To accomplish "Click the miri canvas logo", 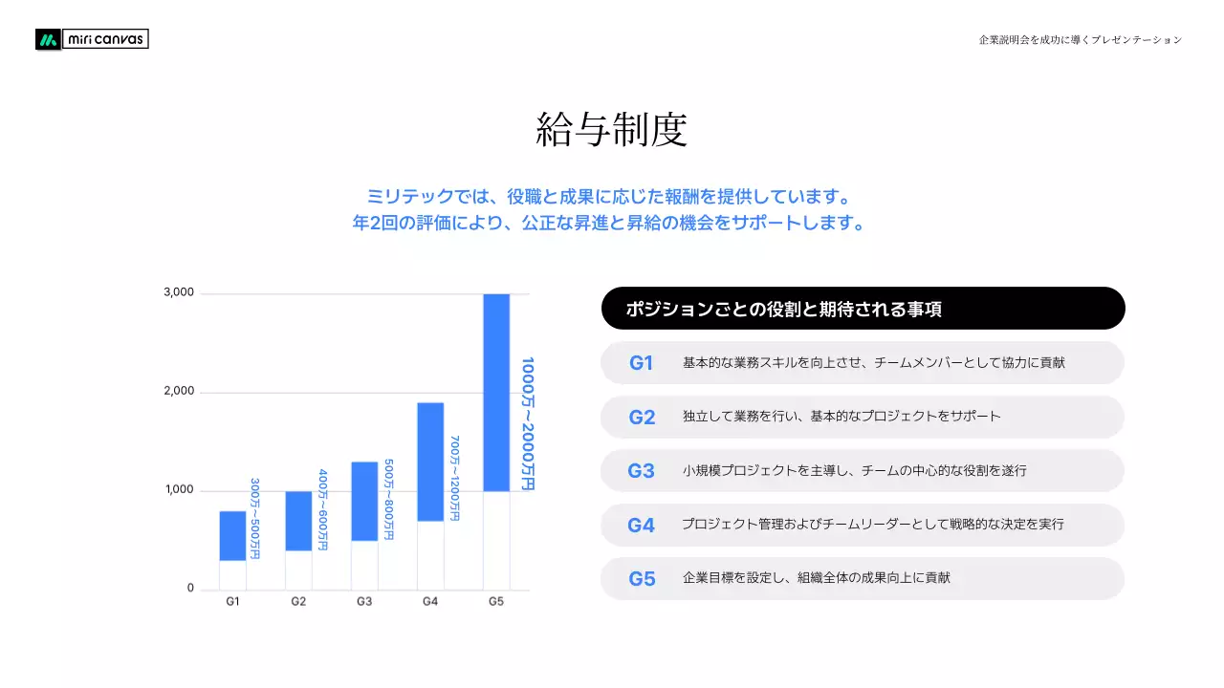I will tap(92, 39).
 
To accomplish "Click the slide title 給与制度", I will tap(612, 129).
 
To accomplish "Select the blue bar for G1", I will tap(232, 536).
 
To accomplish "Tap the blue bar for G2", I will tap(298, 521).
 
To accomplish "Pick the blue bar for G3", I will tap(364, 501).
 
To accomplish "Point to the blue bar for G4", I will tap(430, 462).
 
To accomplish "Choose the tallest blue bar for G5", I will tap(496, 392).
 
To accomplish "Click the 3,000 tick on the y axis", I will tap(179, 292).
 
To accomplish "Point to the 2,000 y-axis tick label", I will tap(179, 391).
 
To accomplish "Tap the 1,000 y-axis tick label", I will tap(179, 489).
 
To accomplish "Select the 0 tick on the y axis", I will tap(190, 588).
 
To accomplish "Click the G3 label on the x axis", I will tap(364, 602).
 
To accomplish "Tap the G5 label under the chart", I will tap(496, 602).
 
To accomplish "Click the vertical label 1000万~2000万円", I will tap(527, 423).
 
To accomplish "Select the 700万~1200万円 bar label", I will tap(455, 478).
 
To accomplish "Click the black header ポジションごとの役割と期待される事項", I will tap(863, 309).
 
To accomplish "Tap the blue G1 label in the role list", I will tap(641, 363).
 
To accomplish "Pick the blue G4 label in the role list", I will tap(641, 525).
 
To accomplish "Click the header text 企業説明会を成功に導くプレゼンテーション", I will tap(1081, 39).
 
